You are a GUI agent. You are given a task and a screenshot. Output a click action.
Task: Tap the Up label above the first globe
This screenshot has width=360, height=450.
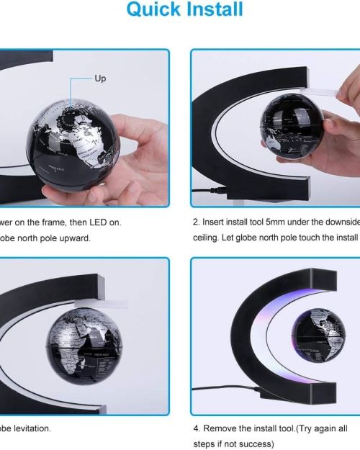click(x=100, y=78)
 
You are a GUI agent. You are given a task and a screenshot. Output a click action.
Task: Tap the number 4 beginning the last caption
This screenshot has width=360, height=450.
click(x=197, y=428)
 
